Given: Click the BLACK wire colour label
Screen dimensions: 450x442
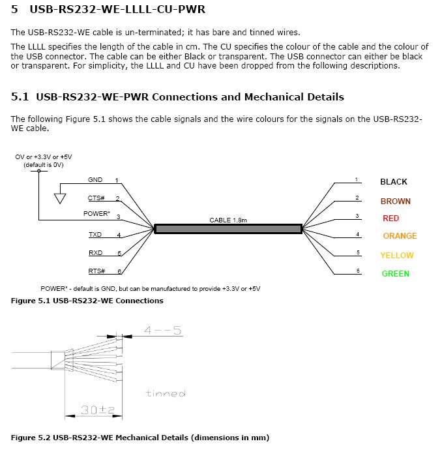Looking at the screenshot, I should pyautogui.click(x=393, y=182).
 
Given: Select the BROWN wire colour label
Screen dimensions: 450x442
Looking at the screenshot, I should pyautogui.click(x=395, y=202).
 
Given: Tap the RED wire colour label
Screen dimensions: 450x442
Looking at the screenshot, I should pyautogui.click(x=390, y=218).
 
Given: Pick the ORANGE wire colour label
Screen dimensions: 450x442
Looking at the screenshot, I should pyautogui.click(x=400, y=236).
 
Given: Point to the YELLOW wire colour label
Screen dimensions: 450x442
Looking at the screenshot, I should pyautogui.click(x=397, y=256).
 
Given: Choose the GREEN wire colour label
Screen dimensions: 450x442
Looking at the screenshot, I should pyautogui.click(x=395, y=274).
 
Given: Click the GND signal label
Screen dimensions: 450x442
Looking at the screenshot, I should pyautogui.click(x=95, y=180).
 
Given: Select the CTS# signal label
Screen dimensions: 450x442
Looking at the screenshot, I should pyautogui.click(x=96, y=198).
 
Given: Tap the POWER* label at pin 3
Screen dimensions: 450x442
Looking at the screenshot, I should pyautogui.click(x=96, y=214).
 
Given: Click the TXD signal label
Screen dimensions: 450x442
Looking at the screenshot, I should pyautogui.click(x=95, y=235).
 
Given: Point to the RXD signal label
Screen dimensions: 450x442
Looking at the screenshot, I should pyautogui.click(x=95, y=253).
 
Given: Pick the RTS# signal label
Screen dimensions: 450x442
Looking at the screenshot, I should pyautogui.click(x=96, y=271).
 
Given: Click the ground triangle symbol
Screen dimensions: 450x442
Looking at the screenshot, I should pyautogui.click(x=60, y=198).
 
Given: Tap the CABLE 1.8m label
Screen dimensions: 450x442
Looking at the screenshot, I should pyautogui.click(x=228, y=220).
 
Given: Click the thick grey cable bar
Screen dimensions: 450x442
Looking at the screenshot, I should pyautogui.click(x=228, y=229).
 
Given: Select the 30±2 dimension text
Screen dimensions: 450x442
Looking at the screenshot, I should pyautogui.click(x=98, y=410).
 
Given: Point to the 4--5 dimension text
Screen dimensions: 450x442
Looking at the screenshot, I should pyautogui.click(x=162, y=331).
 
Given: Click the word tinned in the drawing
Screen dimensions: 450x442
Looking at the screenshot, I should pyautogui.click(x=166, y=393).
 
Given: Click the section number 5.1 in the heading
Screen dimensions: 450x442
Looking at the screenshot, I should pyautogui.click(x=20, y=97).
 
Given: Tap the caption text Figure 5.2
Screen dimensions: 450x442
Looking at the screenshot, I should pyautogui.click(x=30, y=437).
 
